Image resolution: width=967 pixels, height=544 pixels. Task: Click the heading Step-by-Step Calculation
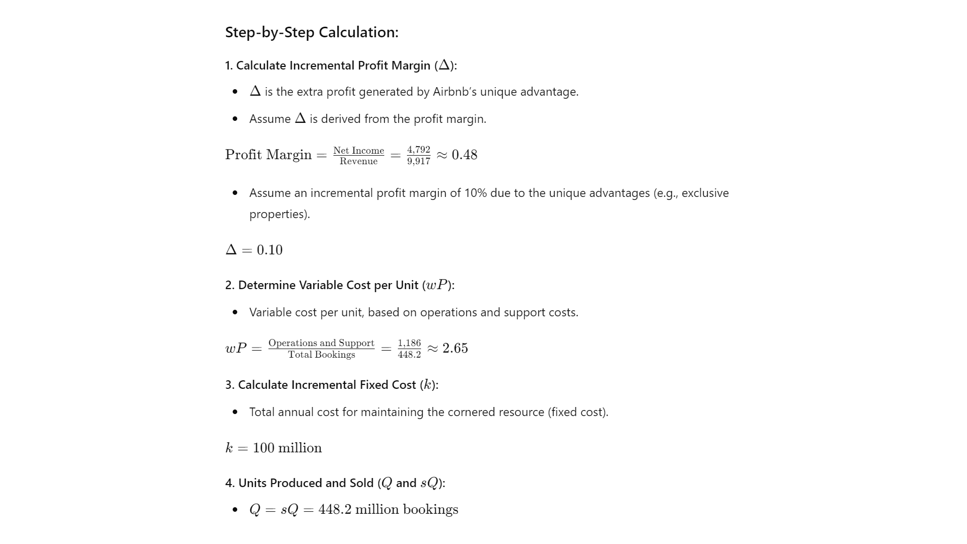tap(311, 32)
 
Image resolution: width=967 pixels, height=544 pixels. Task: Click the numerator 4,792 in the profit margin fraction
tap(419, 150)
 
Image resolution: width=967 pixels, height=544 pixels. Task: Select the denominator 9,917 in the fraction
tap(419, 161)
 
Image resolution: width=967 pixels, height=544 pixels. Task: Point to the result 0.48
tap(464, 155)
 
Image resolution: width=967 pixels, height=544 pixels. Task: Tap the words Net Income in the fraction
tap(359, 151)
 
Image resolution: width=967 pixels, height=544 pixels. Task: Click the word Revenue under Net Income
tap(359, 161)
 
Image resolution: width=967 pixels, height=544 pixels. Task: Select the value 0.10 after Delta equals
tap(269, 250)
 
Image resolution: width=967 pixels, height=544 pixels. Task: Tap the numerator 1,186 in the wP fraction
tap(409, 343)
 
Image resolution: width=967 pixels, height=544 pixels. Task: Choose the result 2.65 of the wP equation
tap(455, 348)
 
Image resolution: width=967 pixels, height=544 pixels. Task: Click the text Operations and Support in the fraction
tap(321, 343)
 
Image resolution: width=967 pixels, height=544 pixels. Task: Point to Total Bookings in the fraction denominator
tap(321, 355)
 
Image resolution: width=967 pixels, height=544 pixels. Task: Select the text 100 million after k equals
tap(287, 448)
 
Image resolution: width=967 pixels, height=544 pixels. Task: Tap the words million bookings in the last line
tap(406, 509)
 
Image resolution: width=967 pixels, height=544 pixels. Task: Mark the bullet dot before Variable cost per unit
tap(235, 312)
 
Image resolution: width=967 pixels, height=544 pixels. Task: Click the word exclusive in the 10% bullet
tap(705, 193)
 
